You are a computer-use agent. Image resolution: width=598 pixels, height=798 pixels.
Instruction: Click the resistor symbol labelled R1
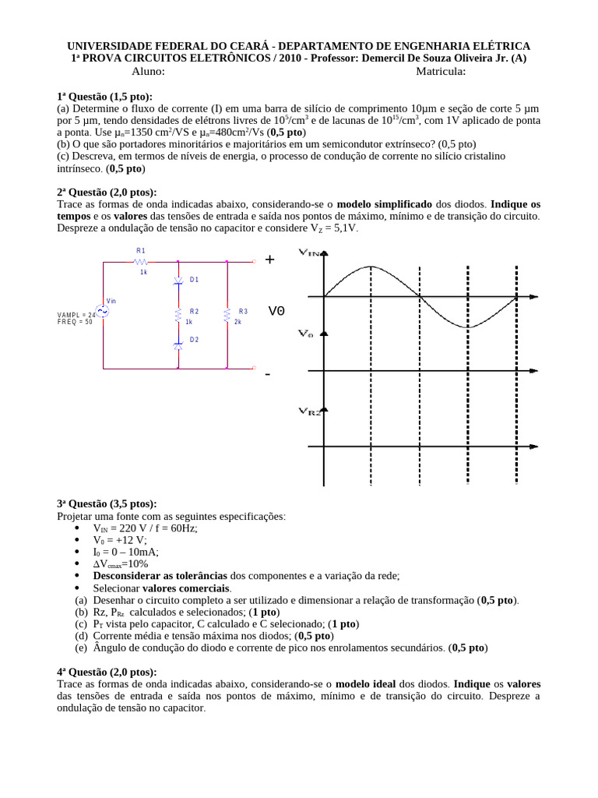[x=141, y=262]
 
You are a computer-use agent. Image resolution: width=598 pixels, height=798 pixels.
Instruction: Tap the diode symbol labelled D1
[x=178, y=280]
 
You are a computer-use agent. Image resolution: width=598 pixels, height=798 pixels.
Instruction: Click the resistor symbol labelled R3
[x=227, y=315]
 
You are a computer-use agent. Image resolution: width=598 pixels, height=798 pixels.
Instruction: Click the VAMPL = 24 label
[x=76, y=315]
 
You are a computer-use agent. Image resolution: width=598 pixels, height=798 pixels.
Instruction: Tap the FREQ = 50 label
[x=75, y=322]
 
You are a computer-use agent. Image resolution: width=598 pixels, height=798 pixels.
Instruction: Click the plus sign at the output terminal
[x=269, y=260]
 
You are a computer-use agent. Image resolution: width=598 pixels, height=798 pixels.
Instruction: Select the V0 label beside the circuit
[x=276, y=311]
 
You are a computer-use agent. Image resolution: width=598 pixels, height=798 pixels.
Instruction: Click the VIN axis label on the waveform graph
[x=309, y=252]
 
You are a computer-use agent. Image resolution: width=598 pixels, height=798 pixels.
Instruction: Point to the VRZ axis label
[x=309, y=411]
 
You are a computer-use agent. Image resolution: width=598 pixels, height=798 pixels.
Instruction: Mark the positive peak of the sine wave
[x=371, y=267]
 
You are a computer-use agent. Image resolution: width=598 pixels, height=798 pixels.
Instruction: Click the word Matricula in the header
[x=441, y=71]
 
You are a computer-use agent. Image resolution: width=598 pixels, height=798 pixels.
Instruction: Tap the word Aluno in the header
[x=148, y=71]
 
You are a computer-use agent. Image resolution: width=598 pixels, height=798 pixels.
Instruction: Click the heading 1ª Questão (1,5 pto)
[x=105, y=96]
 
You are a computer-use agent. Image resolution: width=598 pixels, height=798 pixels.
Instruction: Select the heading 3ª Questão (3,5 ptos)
[x=107, y=503]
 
